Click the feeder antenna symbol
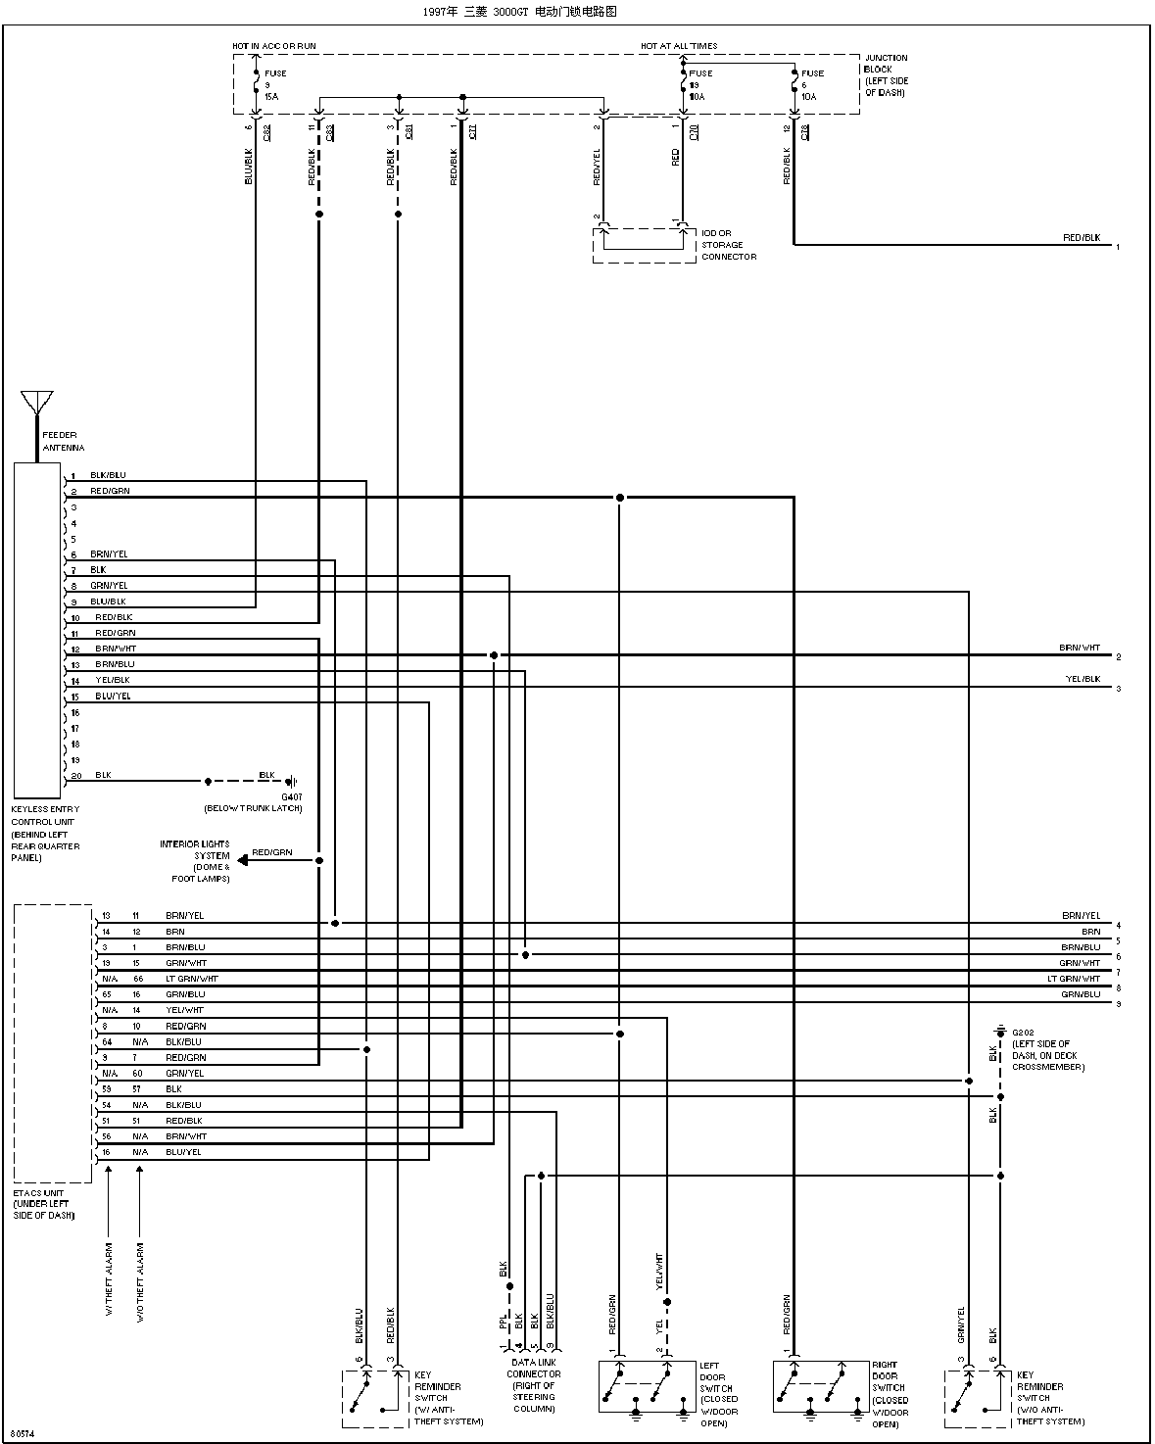tap(37, 403)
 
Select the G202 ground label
tap(1023, 1032)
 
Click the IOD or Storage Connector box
tap(643, 245)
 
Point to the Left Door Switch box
tap(647, 1386)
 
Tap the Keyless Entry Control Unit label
tap(45, 833)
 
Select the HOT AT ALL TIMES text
tap(679, 46)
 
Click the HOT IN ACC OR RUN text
tap(274, 46)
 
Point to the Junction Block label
tap(886, 75)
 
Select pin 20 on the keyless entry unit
tap(75, 776)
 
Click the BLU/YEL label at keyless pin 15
tap(113, 696)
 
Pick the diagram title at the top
tap(519, 12)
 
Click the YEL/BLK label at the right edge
tap(1083, 679)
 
